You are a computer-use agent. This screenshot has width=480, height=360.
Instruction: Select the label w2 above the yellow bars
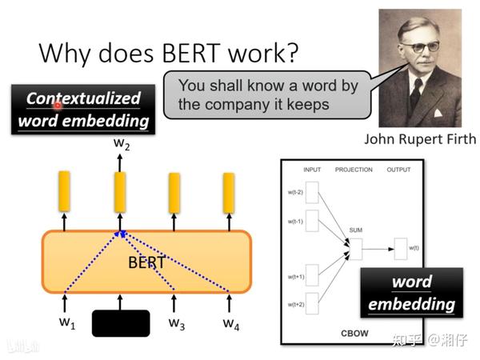click(121, 145)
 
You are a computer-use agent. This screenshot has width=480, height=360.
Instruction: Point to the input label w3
click(176, 323)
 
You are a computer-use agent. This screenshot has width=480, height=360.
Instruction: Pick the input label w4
click(230, 323)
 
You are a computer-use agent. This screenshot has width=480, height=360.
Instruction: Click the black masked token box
click(121, 323)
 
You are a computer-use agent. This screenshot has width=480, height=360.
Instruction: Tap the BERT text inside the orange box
click(146, 262)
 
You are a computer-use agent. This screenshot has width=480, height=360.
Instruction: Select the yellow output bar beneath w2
click(120, 192)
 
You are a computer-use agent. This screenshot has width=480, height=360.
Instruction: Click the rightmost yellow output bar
click(229, 192)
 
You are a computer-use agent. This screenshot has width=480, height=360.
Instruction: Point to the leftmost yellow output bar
click(65, 192)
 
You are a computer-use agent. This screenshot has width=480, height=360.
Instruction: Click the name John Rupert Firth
click(420, 138)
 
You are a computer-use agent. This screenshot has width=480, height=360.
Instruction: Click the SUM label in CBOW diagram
click(355, 230)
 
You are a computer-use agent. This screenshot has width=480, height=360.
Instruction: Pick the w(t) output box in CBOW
click(401, 249)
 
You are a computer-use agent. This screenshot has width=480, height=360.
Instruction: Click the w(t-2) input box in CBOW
click(313, 192)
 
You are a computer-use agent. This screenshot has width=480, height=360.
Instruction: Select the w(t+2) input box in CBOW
click(313, 304)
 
